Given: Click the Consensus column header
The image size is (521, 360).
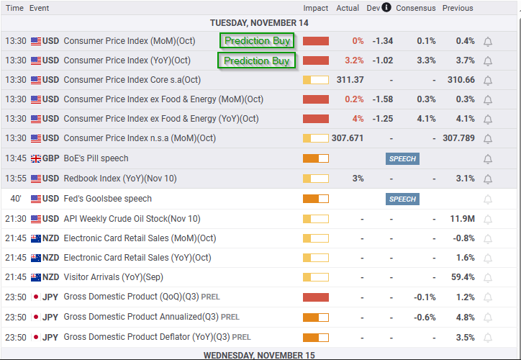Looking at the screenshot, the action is click(x=416, y=8).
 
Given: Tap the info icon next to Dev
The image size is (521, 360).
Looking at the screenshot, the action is click(x=386, y=7).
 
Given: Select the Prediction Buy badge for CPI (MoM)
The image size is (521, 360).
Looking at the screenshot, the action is click(x=257, y=40).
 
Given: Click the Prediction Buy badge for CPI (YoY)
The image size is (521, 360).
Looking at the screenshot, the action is click(x=256, y=60).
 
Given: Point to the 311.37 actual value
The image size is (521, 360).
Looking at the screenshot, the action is click(x=350, y=80).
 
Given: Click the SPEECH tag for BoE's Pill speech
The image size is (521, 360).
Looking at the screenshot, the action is click(x=402, y=159).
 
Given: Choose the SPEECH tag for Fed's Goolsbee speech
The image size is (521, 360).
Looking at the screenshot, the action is click(x=402, y=199).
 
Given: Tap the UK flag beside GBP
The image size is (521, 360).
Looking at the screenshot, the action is click(x=36, y=158).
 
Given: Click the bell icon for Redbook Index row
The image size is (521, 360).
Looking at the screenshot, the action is click(x=488, y=179).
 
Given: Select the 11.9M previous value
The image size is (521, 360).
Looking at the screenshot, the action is click(x=462, y=219).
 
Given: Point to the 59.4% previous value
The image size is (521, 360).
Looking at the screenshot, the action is click(x=463, y=277).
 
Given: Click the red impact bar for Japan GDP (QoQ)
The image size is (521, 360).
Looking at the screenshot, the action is click(x=316, y=297).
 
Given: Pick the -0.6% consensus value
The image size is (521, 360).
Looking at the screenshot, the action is click(x=425, y=318).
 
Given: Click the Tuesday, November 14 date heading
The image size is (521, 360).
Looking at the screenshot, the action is click(x=259, y=23).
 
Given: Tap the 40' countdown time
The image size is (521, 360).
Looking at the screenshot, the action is click(x=16, y=199).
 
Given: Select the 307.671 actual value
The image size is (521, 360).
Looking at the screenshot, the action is click(x=348, y=138).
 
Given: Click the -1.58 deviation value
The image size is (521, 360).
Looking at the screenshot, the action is click(x=383, y=99).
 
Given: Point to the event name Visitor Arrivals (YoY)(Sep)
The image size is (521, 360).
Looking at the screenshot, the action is click(x=113, y=277).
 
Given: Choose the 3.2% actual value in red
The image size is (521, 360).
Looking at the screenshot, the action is click(x=354, y=60).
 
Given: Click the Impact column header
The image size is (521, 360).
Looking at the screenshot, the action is click(x=316, y=8).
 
